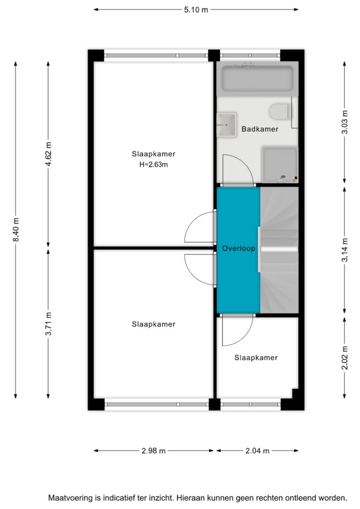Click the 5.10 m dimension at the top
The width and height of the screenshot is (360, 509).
click(x=196, y=10)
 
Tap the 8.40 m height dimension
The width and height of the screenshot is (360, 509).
click(x=16, y=230)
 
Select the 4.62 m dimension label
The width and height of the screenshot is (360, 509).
click(x=48, y=154)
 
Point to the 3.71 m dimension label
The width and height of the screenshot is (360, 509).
click(x=48, y=324)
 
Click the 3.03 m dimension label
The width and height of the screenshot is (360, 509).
click(x=345, y=122)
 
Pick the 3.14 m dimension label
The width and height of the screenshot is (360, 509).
click(x=345, y=250)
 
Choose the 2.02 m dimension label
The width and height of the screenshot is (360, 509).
click(x=345, y=358)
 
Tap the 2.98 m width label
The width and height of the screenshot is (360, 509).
click(x=154, y=450)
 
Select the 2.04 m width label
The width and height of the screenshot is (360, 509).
click(x=258, y=450)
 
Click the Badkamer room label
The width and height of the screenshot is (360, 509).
click(x=260, y=129)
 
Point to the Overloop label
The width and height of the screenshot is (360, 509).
click(x=239, y=249)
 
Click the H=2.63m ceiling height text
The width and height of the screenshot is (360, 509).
click(x=154, y=165)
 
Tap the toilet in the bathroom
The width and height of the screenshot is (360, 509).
click(x=279, y=111)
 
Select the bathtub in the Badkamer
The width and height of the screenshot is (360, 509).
click(x=257, y=79)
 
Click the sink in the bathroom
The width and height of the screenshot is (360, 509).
click(x=227, y=125)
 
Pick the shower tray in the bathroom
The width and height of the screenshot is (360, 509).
click(x=280, y=165)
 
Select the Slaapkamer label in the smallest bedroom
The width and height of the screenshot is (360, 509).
click(x=256, y=357)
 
